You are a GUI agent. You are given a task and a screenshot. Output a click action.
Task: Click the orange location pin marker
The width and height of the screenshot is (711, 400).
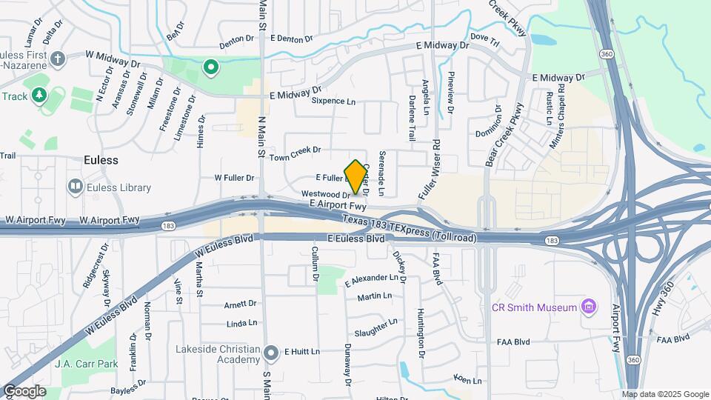[356, 176]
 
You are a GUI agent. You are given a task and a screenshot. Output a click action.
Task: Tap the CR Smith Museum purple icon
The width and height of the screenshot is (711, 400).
[590, 306]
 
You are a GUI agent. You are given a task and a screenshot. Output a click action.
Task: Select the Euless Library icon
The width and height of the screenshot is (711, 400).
[76, 187]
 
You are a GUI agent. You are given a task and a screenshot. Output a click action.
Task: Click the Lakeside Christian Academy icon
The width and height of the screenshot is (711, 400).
[272, 352]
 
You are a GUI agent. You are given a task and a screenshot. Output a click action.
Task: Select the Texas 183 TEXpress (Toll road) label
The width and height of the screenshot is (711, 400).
[409, 228]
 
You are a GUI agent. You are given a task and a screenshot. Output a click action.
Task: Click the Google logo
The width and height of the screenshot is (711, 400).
[24, 390]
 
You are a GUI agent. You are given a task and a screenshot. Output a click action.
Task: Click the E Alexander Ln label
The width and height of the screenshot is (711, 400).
[372, 280]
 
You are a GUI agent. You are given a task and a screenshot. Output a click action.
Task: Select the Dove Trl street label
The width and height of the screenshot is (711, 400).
[485, 36]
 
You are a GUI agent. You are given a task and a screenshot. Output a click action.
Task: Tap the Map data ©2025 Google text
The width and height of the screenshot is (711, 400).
[664, 394]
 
